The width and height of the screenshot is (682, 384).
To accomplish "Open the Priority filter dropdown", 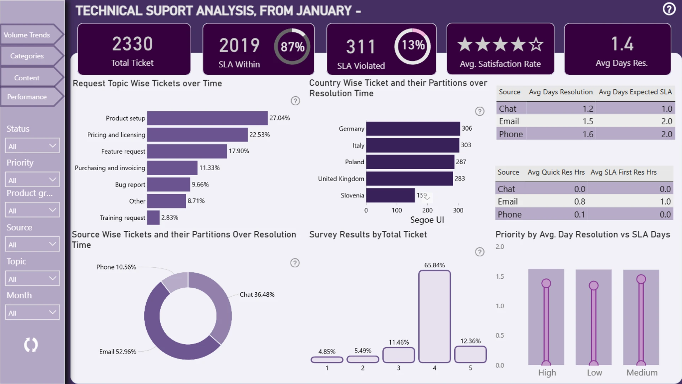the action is [32, 180].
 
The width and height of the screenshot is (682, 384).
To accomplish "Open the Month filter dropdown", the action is [32, 313].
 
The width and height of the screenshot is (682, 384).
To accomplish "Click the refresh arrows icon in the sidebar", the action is [31, 345].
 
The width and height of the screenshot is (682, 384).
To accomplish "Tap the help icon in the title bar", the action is [669, 9].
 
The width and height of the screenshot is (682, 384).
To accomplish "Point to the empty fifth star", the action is [536, 44].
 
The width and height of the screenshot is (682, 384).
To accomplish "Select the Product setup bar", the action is [207, 118].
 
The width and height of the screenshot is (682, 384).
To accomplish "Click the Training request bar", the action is [153, 218].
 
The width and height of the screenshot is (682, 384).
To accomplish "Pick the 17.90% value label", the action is [239, 151].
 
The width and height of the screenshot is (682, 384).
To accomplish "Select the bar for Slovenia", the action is [390, 196].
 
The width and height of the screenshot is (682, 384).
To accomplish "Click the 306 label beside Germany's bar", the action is [467, 128].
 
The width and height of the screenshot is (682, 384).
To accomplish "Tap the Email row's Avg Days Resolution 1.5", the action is [588, 121].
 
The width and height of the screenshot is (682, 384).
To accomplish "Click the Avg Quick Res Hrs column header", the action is [556, 172].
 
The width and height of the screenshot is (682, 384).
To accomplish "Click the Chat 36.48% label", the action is [257, 294].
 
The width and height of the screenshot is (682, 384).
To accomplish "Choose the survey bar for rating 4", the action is [434, 316].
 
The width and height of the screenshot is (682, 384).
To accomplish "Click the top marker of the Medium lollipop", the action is [641, 279].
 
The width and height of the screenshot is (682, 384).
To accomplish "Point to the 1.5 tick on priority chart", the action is [500, 277].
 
